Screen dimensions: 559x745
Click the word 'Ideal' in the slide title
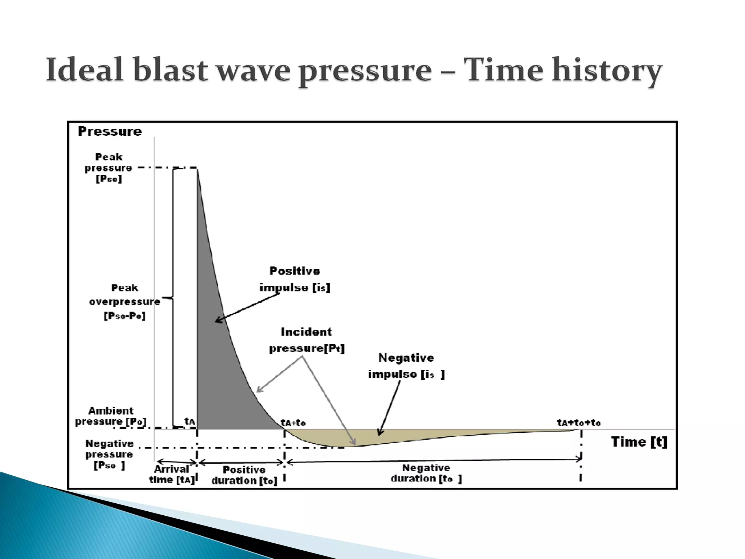[86, 70]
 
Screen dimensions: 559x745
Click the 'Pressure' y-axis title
[110, 131]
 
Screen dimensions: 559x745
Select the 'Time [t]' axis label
[639, 442]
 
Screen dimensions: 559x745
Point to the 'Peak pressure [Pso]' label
[108, 168]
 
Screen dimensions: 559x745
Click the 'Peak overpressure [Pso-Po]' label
[124, 302]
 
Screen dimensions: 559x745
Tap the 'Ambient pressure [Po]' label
[111, 416]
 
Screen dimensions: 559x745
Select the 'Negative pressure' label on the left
[109, 454]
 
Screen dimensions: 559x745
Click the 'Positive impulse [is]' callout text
[295, 279]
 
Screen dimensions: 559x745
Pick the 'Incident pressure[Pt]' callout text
[306, 340]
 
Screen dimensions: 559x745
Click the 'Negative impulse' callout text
[406, 366]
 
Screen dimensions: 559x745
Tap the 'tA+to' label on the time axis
[293, 423]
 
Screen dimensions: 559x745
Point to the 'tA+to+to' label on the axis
[579, 423]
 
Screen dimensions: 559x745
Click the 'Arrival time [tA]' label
[172, 474]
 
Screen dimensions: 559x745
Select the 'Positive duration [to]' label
[244, 475]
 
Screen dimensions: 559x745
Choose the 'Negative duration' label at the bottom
[426, 473]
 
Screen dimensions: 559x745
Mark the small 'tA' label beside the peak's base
[190, 421]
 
